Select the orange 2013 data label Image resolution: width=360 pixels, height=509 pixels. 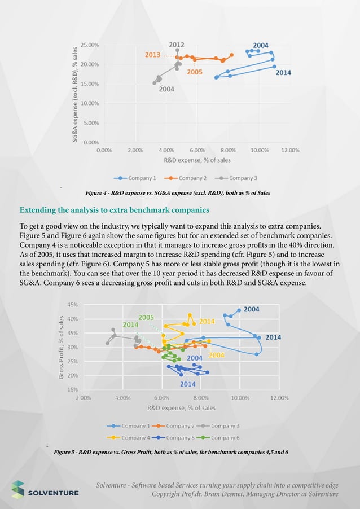point(152,55)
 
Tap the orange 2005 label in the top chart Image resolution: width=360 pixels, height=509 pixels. point(195,72)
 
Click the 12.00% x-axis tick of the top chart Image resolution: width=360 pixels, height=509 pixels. point(290,151)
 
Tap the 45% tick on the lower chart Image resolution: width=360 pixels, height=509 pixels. point(72,305)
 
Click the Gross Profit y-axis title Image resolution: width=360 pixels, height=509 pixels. point(60,346)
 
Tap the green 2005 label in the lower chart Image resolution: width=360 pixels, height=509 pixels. point(147,317)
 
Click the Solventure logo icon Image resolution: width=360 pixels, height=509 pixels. point(19,490)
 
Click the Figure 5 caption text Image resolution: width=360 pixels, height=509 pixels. point(171,453)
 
